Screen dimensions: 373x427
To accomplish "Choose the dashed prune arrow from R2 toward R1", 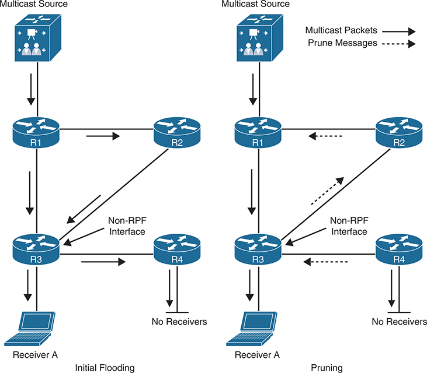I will point(325,137).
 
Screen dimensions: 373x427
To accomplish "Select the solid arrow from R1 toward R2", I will point(102,137).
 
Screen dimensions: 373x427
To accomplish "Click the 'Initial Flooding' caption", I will point(105,367).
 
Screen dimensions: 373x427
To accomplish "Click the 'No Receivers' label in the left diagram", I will point(179,321).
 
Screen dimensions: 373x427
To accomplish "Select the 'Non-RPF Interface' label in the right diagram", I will point(348,226).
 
